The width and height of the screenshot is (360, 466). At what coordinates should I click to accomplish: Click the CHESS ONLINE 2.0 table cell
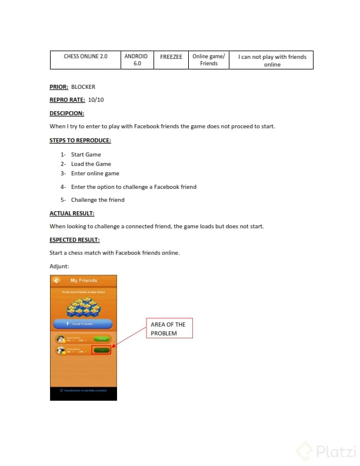click(86, 56)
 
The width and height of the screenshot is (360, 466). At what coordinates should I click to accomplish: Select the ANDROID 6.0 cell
click(136, 59)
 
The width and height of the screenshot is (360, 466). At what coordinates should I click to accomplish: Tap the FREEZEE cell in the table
click(171, 56)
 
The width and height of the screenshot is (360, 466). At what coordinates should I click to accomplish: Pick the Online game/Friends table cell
click(209, 59)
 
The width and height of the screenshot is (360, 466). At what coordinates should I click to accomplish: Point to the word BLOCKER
click(83, 87)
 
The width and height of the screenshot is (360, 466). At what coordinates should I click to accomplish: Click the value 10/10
click(95, 100)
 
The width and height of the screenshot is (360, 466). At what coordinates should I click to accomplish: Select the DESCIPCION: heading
click(67, 113)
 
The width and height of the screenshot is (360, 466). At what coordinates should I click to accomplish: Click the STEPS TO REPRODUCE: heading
click(80, 141)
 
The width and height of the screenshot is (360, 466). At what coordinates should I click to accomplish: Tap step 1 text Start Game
click(86, 155)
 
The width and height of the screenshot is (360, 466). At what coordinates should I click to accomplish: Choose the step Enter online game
click(95, 174)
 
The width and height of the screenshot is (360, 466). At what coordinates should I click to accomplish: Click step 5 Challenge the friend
click(98, 200)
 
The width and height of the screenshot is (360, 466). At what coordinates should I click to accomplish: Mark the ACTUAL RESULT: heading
click(72, 213)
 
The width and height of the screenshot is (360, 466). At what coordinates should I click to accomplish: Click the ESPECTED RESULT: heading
click(75, 240)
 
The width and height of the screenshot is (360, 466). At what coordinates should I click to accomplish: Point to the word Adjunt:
click(59, 267)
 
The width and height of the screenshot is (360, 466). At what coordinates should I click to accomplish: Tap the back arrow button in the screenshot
click(56, 281)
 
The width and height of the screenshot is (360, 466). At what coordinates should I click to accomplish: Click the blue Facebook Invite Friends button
click(83, 324)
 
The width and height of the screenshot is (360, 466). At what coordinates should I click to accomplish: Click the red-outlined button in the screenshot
click(101, 350)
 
